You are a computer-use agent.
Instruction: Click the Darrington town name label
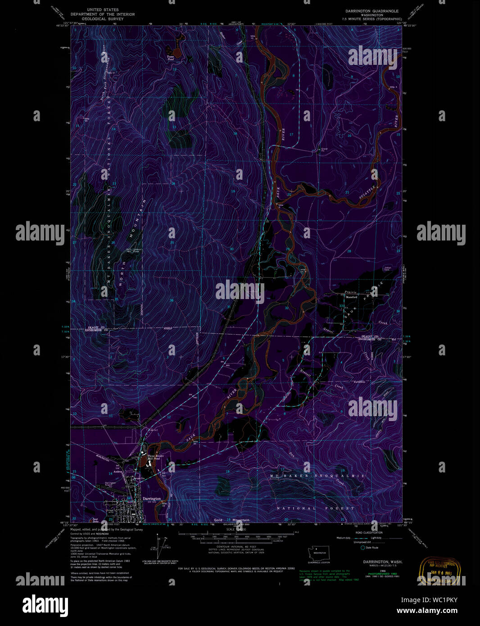tap(152, 499)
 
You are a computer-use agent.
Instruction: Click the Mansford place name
tap(351, 297)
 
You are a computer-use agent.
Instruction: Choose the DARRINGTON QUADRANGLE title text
tap(372, 11)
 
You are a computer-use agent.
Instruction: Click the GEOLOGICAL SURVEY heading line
tap(102, 19)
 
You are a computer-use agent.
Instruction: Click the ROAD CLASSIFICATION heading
tap(369, 533)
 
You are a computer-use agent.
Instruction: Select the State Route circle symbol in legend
tap(362, 548)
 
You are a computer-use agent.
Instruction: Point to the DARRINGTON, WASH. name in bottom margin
tap(383, 562)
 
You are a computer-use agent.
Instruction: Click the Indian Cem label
tap(387, 269)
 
